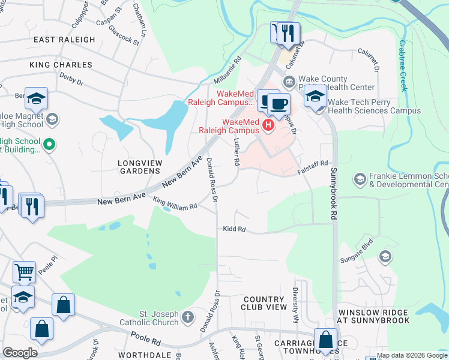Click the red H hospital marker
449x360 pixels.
tap(268, 127)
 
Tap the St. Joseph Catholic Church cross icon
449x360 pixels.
tap(188, 316)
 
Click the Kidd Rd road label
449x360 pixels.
tap(234, 229)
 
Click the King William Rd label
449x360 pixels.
tap(175, 204)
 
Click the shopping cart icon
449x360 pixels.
tap(24, 272)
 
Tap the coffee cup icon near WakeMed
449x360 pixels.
tap(278, 103)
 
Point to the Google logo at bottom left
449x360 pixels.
tap(20, 353)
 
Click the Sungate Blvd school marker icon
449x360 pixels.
tap(385, 257)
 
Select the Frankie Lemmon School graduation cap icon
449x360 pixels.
tap(360, 179)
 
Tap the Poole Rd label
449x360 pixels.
tap(148, 341)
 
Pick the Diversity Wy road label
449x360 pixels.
tap(295, 312)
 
